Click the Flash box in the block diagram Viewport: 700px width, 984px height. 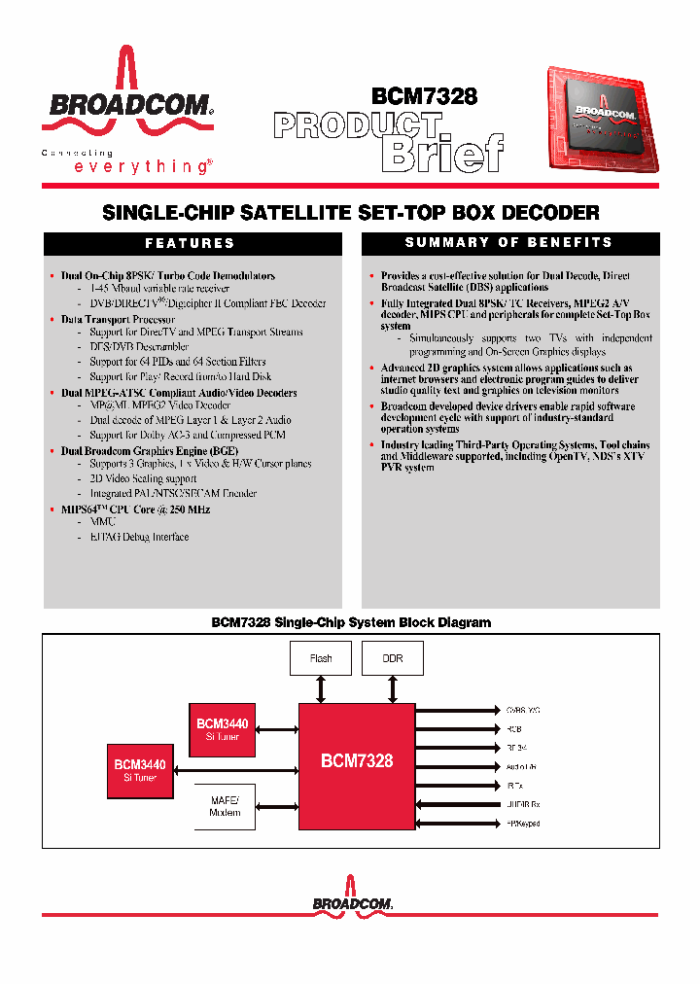tap(321, 658)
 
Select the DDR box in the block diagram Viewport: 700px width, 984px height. tap(392, 658)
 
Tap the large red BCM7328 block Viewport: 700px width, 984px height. tap(357, 760)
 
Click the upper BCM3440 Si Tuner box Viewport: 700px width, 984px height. tap(222, 729)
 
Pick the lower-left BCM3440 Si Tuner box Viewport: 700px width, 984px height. tap(140, 770)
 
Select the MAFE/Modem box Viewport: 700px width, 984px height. tap(225, 806)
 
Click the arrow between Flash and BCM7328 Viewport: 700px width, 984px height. tap(321, 689)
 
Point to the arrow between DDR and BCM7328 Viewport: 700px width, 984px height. tap(392, 689)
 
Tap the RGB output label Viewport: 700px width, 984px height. tap(514, 728)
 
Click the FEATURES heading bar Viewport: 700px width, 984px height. tap(191, 243)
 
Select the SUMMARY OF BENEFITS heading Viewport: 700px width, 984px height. tap(509, 242)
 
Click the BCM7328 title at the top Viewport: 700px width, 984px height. tap(425, 96)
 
